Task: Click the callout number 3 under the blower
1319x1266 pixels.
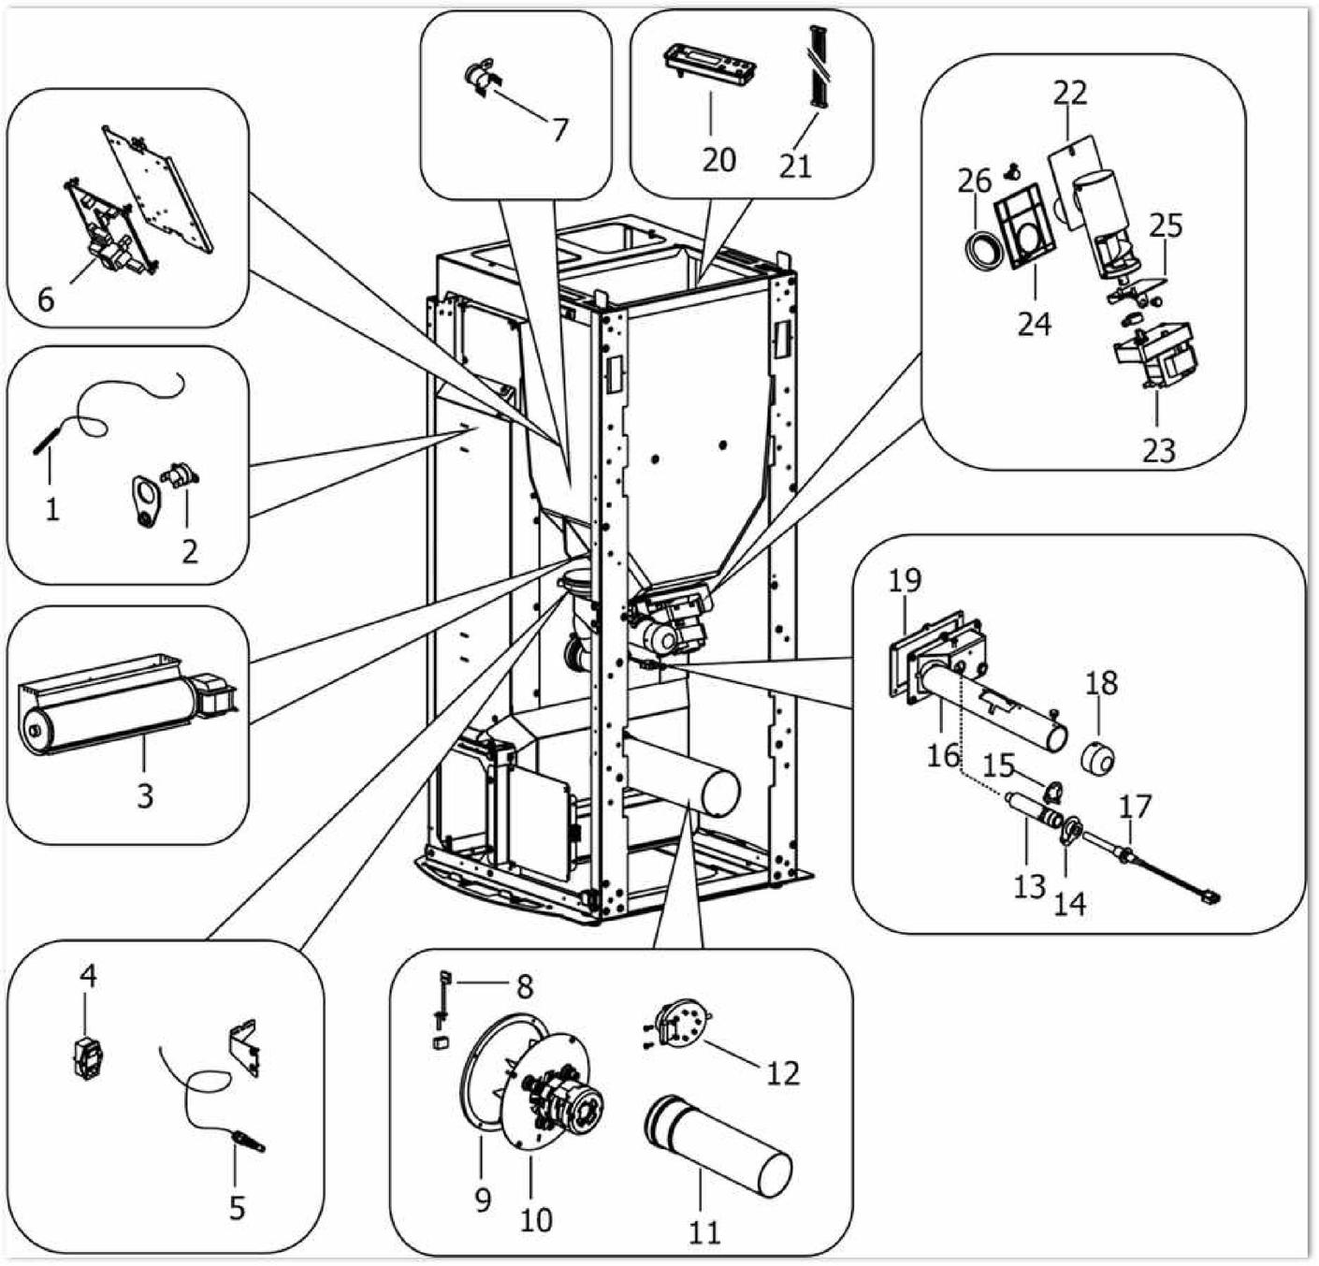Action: [145, 796]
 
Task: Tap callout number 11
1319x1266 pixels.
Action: [705, 1231]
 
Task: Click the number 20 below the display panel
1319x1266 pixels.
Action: [718, 160]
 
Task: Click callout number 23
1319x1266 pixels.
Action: [1158, 451]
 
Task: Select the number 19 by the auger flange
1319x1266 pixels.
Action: [905, 581]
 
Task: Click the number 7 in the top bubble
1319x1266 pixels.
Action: [559, 130]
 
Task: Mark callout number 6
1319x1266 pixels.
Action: [46, 299]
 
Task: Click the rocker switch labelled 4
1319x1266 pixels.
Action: [89, 1058]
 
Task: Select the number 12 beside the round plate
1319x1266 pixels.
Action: [783, 1072]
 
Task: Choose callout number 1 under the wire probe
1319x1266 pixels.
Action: [52, 510]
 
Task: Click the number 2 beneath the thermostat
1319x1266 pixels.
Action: [190, 550]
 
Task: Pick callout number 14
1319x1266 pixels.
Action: [1070, 904]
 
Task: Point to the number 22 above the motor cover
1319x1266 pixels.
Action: [1070, 93]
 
